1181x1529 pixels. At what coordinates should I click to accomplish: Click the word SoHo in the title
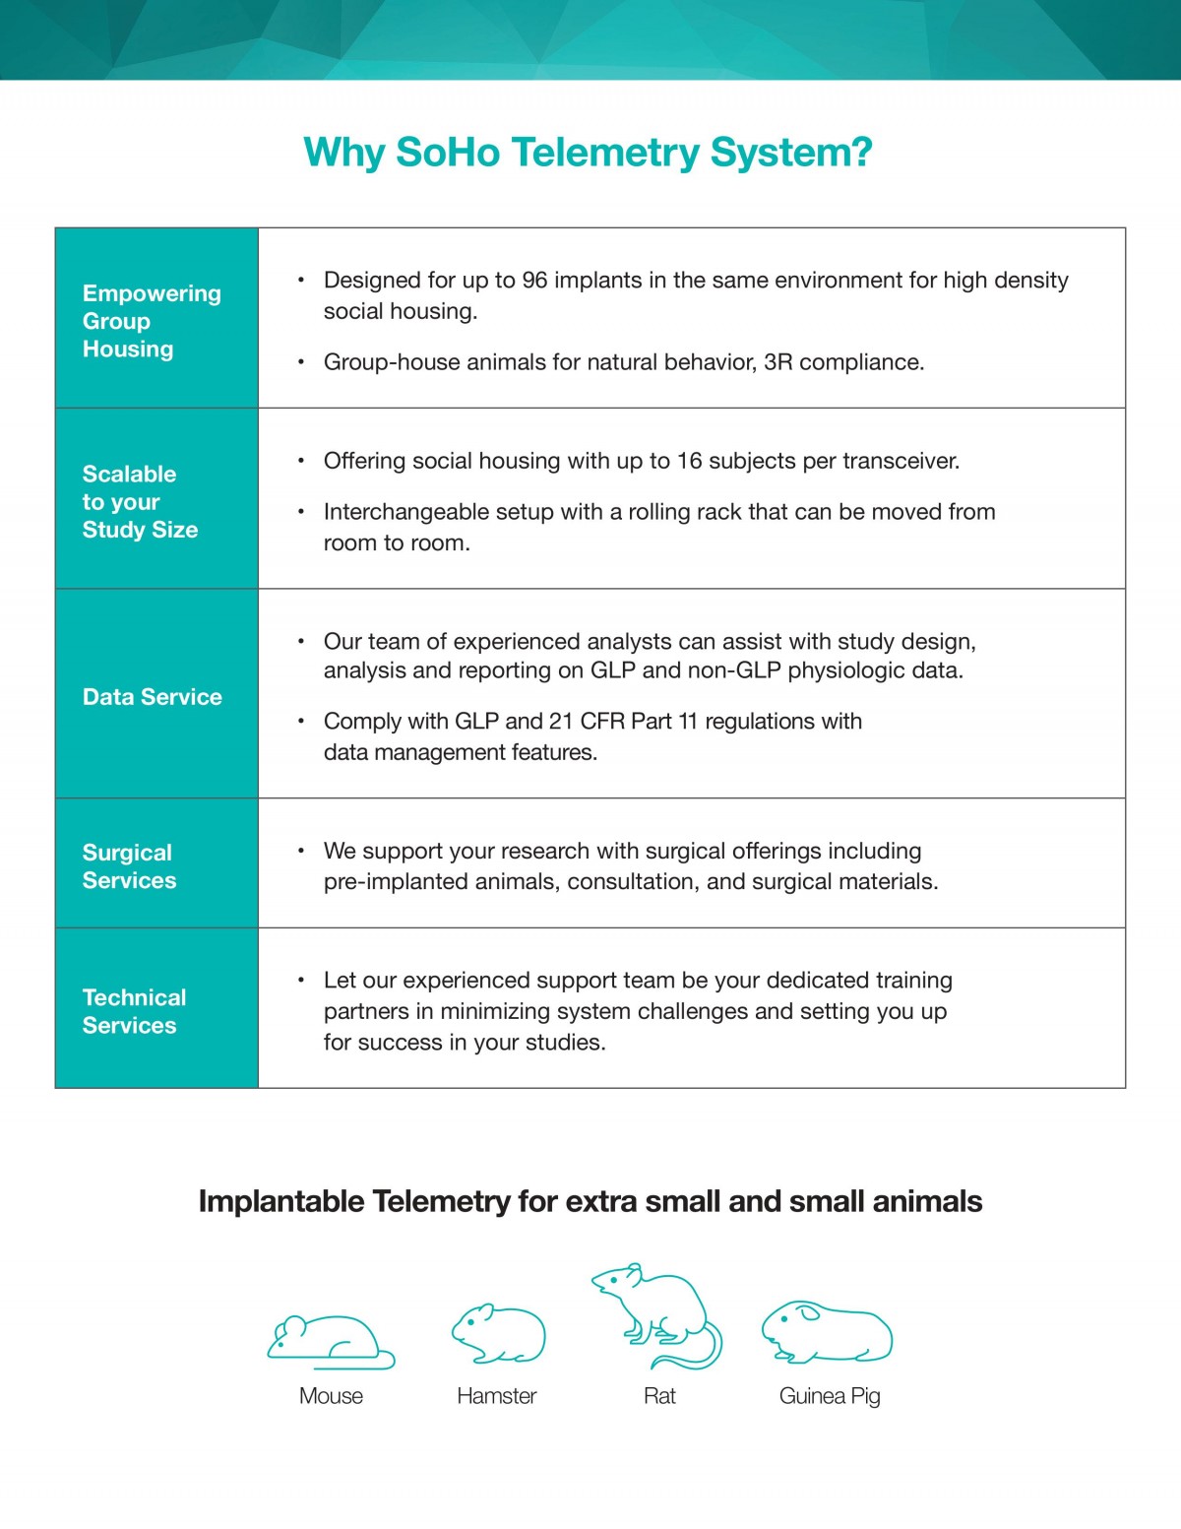tap(447, 153)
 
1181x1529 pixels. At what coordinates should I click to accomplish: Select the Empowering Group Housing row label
tap(152, 321)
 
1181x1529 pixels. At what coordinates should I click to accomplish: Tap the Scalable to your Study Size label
tap(140, 501)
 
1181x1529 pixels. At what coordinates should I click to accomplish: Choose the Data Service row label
tap(153, 697)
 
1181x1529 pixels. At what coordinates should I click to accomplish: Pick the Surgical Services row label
tap(129, 866)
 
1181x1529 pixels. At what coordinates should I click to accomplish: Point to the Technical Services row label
tap(134, 1011)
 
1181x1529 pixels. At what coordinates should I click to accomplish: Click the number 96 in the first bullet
tap(534, 281)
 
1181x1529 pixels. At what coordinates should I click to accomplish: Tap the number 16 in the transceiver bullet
tap(689, 461)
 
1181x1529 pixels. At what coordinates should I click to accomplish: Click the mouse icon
tap(330, 1342)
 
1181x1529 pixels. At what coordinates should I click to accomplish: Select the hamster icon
tap(498, 1335)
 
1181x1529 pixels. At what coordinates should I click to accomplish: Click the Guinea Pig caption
tap(830, 1396)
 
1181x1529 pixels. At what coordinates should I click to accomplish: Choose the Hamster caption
tap(497, 1396)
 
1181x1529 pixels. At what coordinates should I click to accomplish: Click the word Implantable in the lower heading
tap(281, 1202)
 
